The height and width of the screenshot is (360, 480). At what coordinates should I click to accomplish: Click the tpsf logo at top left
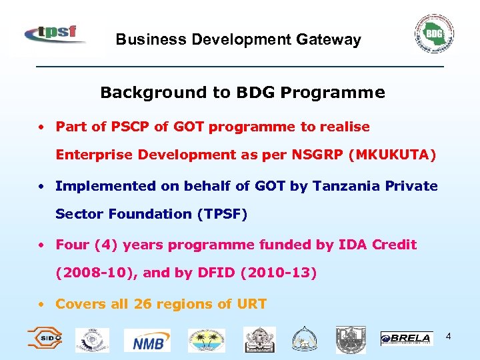tap(55, 33)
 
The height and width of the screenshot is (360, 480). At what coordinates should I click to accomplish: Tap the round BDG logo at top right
tap(434, 33)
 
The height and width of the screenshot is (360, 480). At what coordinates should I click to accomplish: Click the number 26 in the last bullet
tap(143, 304)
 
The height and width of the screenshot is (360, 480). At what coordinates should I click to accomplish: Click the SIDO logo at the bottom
tap(45, 338)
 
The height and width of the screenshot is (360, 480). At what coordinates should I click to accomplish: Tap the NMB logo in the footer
tap(151, 341)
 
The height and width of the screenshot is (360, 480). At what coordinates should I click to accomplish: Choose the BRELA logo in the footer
tap(406, 339)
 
